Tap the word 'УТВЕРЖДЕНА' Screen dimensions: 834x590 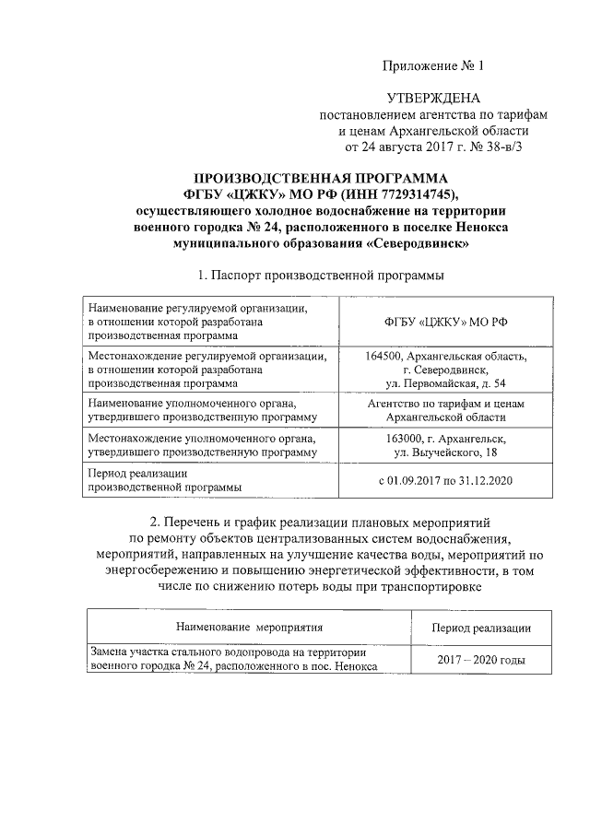click(432, 99)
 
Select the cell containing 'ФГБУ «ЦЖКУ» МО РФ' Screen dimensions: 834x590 click(445, 322)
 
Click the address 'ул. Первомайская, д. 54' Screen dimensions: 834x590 click(445, 382)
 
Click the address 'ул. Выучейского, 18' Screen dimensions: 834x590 click(445, 453)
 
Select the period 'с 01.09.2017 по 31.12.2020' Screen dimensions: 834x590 click(445, 480)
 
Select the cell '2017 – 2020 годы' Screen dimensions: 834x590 click(480, 662)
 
